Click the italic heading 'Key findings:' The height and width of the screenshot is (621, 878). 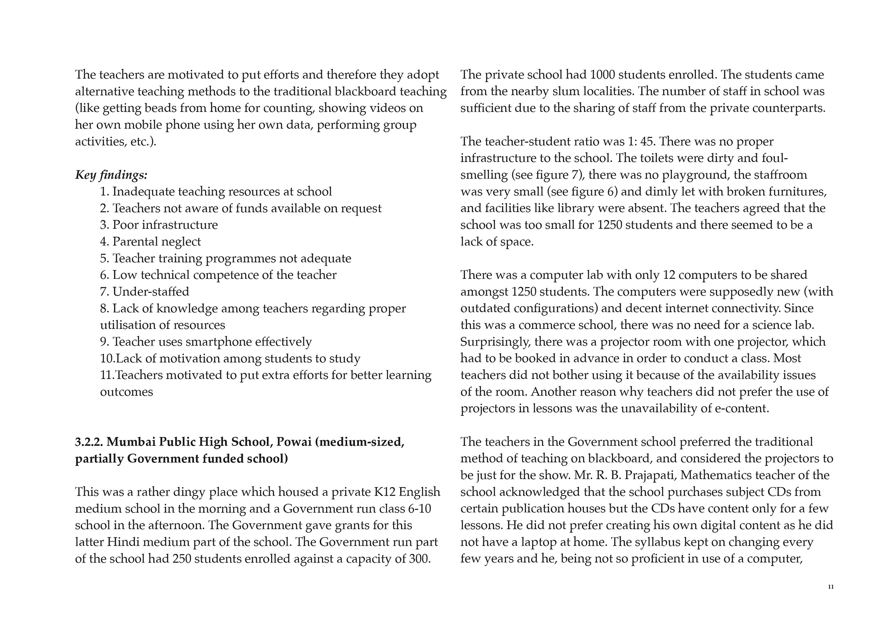[111, 175]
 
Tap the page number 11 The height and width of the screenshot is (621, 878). [830, 587]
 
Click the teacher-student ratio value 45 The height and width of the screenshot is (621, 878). [647, 142]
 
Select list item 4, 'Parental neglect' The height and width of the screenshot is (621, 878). [150, 242]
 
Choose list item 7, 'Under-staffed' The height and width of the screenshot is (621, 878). [144, 292]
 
